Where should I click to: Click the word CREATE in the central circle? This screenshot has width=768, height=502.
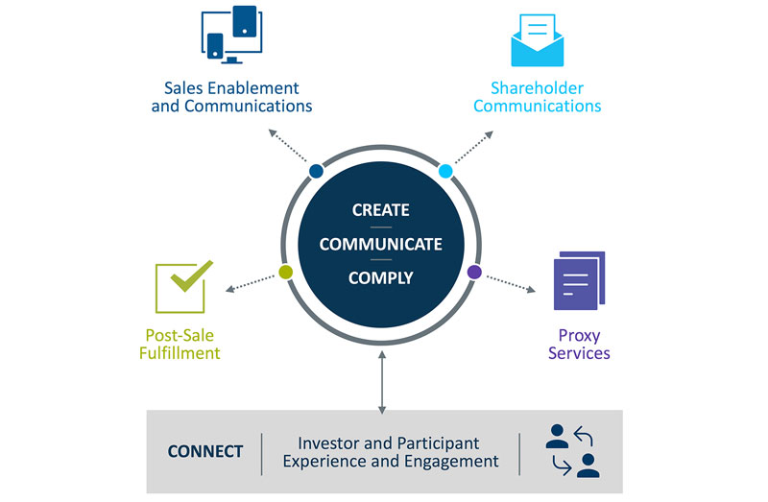pyautogui.click(x=381, y=210)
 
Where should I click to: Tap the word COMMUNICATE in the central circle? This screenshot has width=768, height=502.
pyautogui.click(x=381, y=244)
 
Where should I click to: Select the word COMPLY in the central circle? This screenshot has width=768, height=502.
pyautogui.click(x=381, y=277)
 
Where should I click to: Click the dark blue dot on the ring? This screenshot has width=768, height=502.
pyautogui.click(x=316, y=171)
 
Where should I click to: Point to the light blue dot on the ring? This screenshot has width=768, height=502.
pyautogui.click(x=445, y=171)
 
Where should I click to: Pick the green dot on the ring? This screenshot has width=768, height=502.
pyautogui.click(x=285, y=272)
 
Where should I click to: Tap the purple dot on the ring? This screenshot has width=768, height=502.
pyautogui.click(x=474, y=273)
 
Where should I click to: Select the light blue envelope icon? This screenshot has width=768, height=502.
pyautogui.click(x=537, y=39)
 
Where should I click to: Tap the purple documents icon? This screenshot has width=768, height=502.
pyautogui.click(x=580, y=280)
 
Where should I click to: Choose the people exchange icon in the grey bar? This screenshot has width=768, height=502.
pyautogui.click(x=571, y=451)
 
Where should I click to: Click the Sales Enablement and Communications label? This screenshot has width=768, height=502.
pyautogui.click(x=231, y=97)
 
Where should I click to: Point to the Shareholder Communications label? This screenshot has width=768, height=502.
pyautogui.click(x=537, y=97)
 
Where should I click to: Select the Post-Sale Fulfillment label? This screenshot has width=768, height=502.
pyautogui.click(x=182, y=344)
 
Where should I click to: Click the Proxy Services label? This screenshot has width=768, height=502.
pyautogui.click(x=579, y=344)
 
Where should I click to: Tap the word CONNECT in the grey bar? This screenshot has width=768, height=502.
pyautogui.click(x=205, y=451)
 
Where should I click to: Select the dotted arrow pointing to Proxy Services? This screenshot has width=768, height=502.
pyautogui.click(x=513, y=284)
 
